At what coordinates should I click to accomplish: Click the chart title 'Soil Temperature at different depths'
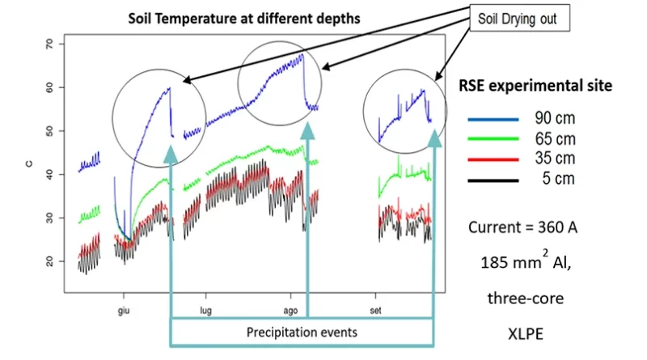[x=244, y=19]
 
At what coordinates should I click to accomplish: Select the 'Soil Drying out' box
[x=519, y=18]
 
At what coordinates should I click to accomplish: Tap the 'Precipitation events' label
[x=302, y=332]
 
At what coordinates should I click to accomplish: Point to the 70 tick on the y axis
[x=49, y=44]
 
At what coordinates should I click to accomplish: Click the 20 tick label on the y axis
[x=49, y=261]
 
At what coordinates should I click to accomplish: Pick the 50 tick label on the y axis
[x=49, y=131]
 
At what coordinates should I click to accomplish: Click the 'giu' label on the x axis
[x=124, y=311]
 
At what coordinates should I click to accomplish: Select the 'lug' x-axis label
[x=206, y=311]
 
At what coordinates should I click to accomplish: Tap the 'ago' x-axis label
[x=290, y=311]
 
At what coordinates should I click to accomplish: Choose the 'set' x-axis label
[x=375, y=310]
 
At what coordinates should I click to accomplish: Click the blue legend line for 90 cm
[x=493, y=119]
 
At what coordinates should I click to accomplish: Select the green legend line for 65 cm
[x=493, y=139]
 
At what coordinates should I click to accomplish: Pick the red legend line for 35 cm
[x=493, y=159]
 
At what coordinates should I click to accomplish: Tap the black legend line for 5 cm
[x=493, y=180]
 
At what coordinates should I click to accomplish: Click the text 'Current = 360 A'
[x=522, y=227]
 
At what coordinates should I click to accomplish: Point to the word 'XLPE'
[x=525, y=333]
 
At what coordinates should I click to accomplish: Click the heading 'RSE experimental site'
[x=535, y=86]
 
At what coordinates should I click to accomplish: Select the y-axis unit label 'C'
[x=29, y=164]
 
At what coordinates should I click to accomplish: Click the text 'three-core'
[x=525, y=299]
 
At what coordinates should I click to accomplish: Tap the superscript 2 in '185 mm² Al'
[x=545, y=253]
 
